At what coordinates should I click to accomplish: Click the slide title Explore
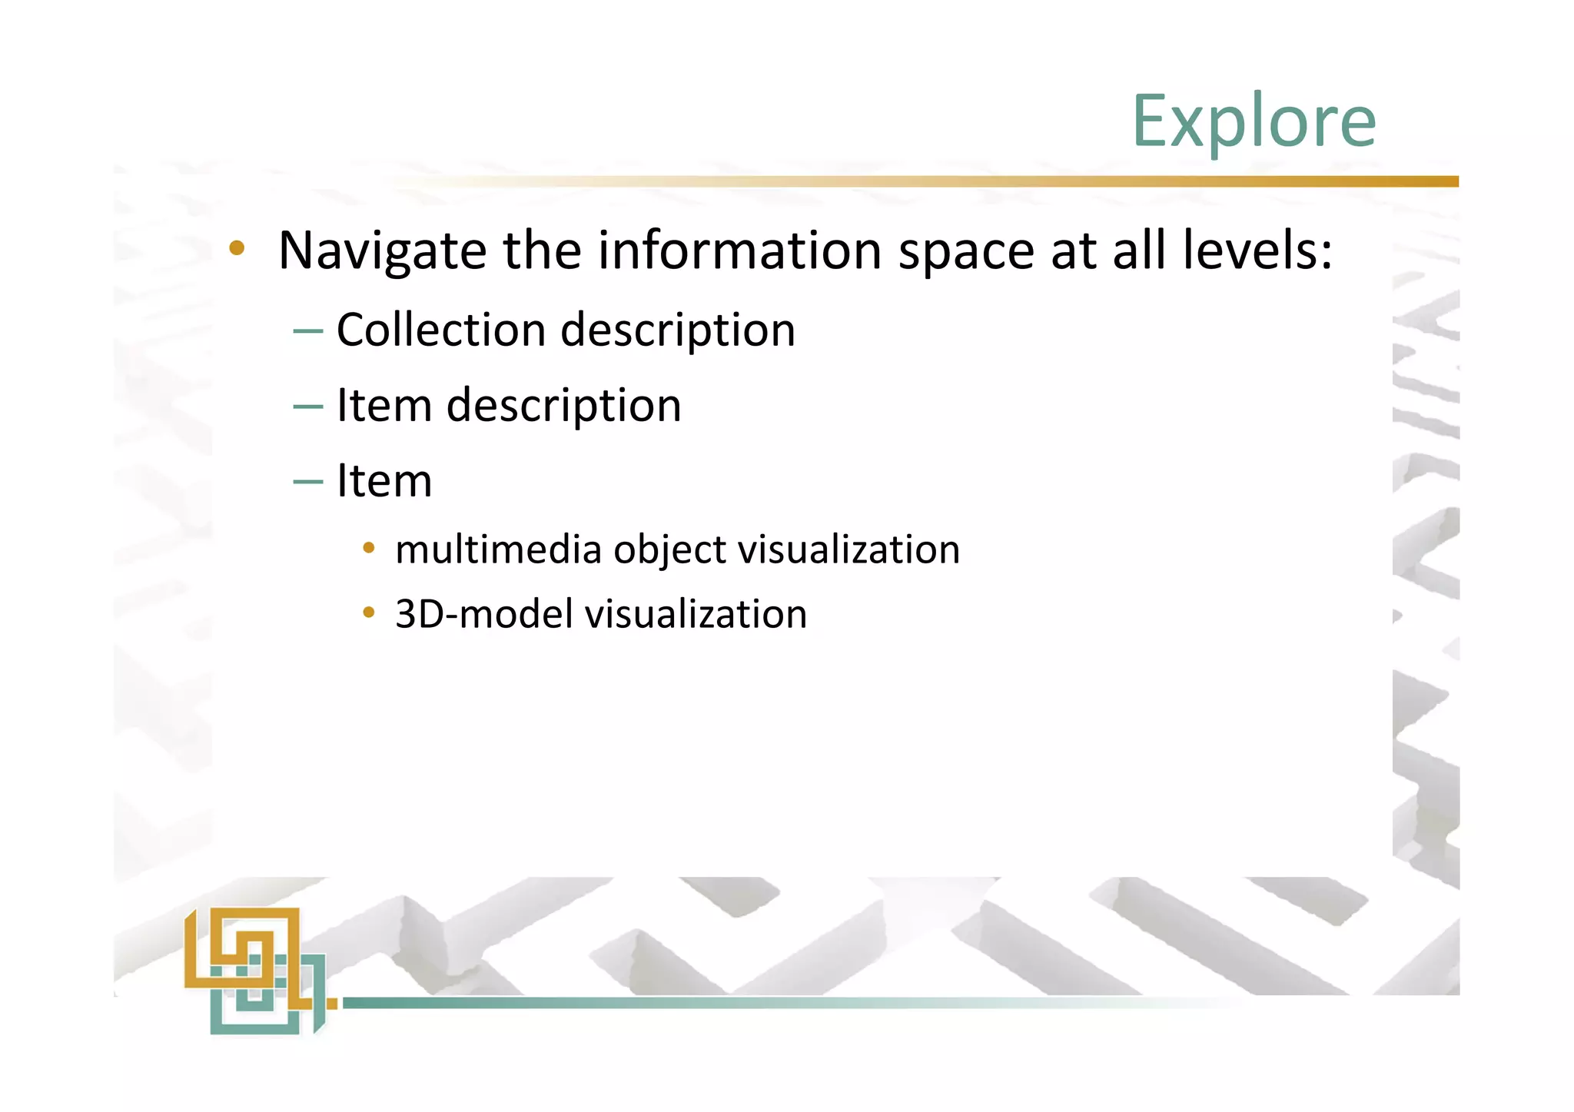click(1254, 121)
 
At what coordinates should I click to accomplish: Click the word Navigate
click(382, 251)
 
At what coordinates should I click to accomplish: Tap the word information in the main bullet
click(739, 251)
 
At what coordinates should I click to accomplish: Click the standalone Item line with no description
click(384, 481)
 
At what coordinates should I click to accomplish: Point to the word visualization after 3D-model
click(696, 615)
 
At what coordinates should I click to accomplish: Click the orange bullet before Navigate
click(237, 248)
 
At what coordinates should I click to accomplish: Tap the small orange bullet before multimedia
click(369, 548)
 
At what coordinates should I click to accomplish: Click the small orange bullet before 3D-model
click(369, 612)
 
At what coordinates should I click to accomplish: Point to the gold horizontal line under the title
click(999, 181)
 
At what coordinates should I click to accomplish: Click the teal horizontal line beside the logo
click(692, 1003)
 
